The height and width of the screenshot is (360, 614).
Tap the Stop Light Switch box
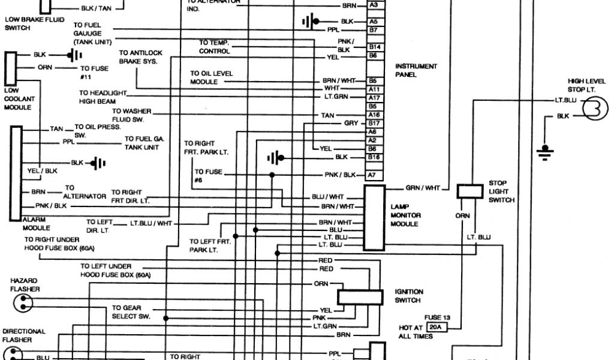pyautogui.click(x=471, y=191)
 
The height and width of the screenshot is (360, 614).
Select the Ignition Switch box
pyautogui.click(x=360, y=298)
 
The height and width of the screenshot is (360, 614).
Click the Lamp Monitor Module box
pyautogui.click(x=374, y=217)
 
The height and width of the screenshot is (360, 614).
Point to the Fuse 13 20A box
pyautogui.click(x=435, y=328)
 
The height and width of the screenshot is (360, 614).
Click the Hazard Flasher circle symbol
pyautogui.click(x=25, y=305)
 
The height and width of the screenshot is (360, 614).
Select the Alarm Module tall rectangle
pyautogui.click(x=16, y=173)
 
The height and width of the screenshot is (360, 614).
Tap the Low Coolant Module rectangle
pyautogui.click(x=11, y=68)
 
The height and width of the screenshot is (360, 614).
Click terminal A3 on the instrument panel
pyautogui.click(x=373, y=5)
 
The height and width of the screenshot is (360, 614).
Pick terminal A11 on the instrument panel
pyautogui.click(x=374, y=89)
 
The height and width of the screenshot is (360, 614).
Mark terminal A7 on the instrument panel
pyautogui.click(x=372, y=175)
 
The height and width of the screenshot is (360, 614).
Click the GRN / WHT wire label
pyautogui.click(x=423, y=188)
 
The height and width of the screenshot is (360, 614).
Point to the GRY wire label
pyautogui.click(x=351, y=123)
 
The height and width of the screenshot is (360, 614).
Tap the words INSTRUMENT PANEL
pyautogui.click(x=416, y=71)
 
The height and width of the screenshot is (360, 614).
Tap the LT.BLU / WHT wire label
pyautogui.click(x=151, y=223)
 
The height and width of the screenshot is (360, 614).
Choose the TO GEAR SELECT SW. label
pyautogui.click(x=127, y=312)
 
